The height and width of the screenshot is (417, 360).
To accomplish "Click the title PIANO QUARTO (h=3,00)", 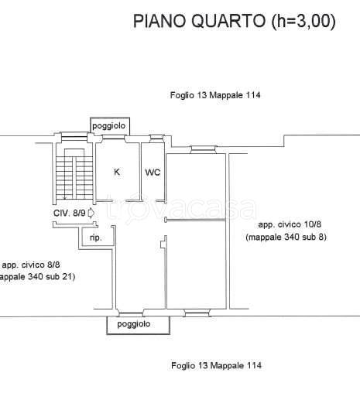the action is pos(234,21).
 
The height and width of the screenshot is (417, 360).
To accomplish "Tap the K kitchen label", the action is pos(117,172).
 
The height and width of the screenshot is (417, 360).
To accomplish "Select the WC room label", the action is pos(153,173).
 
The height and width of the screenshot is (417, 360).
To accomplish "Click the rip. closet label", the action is pos(96,238).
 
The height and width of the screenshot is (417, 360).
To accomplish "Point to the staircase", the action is pos(74,174).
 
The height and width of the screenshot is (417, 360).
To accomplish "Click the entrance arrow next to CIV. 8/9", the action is pos(91,213).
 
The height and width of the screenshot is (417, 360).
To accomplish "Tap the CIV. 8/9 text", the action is pos(70,213).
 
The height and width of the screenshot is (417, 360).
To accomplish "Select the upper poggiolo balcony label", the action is pos(108,126).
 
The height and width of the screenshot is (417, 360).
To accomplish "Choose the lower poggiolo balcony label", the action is pos(134,324).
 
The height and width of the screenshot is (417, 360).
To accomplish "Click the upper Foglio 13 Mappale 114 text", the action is pos(215,95).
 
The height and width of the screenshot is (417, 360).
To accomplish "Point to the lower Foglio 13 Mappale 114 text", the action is pos(216,365).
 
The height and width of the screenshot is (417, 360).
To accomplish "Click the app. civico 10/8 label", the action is pos(290,224).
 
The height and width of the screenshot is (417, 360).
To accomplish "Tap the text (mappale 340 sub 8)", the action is pos(286,237).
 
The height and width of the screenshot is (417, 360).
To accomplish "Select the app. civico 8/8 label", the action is pos(31,265).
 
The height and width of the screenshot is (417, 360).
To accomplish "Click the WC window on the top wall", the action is pos(156,138).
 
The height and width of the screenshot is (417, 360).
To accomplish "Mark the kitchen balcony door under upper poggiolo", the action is pos(114,137).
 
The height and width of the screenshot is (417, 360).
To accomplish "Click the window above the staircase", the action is pos(74,136).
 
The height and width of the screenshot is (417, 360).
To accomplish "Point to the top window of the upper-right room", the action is pos(204,150).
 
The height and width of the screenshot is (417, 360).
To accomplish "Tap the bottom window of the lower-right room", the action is pos(197,313).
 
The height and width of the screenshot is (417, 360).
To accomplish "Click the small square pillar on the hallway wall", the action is pos(163,244).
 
